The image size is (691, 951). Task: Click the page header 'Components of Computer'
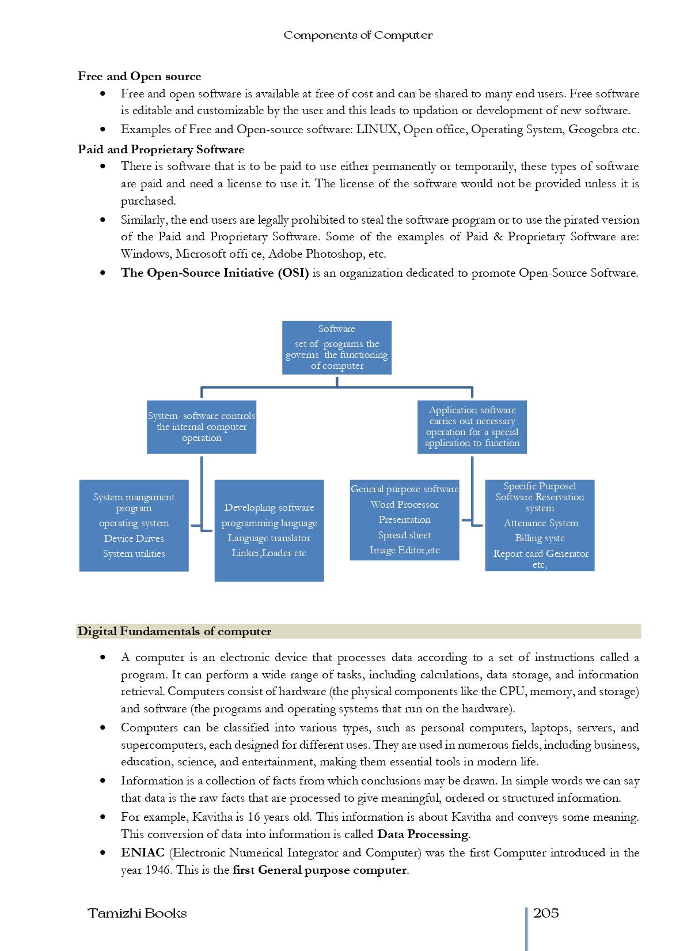358,35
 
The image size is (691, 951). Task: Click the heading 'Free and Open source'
139,76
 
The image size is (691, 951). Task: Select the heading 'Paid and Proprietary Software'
161,149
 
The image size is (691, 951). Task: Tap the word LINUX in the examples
377,129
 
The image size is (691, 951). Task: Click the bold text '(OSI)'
293,273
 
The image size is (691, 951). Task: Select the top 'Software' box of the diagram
337,347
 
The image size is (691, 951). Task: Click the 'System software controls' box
201,427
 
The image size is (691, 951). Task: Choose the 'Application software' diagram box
472,427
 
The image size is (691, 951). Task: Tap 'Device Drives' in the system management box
134,538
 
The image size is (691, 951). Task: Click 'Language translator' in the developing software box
269,538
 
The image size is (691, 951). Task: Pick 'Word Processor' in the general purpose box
404,504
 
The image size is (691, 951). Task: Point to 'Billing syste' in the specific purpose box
540,538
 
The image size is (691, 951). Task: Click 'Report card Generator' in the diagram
540,553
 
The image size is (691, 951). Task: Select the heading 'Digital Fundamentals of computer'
174,631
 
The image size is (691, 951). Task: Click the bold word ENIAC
142,852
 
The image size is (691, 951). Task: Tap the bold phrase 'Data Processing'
423,834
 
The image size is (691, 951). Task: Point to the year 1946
157,870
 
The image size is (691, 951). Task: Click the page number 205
546,913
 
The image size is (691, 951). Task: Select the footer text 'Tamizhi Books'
137,913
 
